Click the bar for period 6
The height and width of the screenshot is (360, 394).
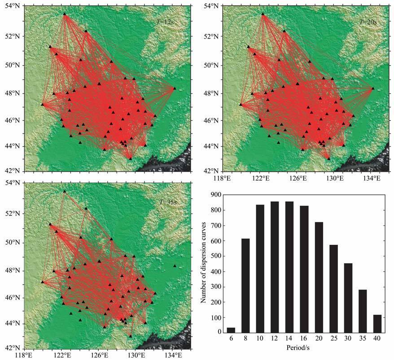231,330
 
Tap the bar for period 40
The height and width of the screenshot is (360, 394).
377,323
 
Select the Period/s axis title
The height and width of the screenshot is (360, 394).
304,347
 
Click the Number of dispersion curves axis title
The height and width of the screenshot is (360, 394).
205,263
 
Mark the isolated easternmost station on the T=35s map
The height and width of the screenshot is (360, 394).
175,266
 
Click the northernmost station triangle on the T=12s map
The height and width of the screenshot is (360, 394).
64,14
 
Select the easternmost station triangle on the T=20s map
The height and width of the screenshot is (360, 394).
372,88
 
